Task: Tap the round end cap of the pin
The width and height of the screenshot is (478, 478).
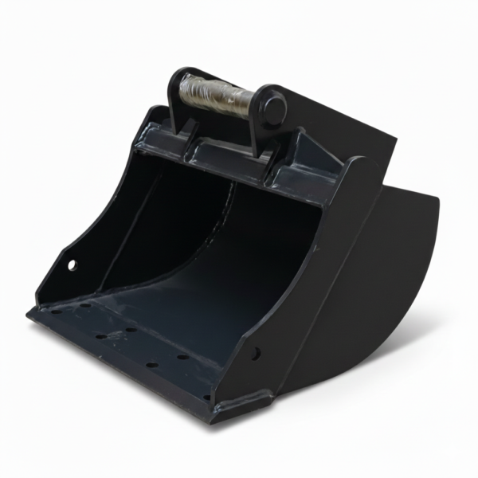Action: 273,110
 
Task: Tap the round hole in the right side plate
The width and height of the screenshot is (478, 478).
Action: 256,351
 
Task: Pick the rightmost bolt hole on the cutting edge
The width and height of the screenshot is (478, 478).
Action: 206,397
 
